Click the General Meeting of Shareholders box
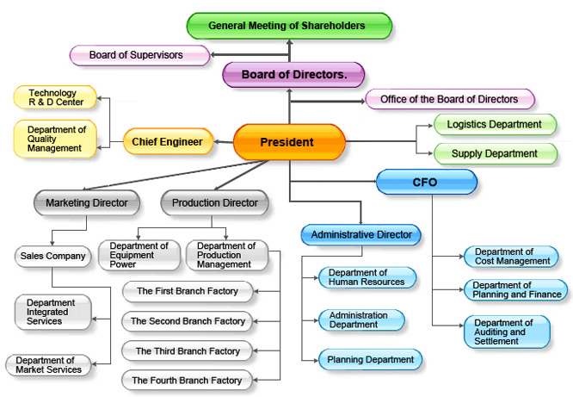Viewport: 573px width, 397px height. click(289, 25)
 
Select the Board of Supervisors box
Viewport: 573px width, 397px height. click(139, 55)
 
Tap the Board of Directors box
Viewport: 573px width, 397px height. click(294, 75)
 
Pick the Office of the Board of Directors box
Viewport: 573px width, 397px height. click(449, 99)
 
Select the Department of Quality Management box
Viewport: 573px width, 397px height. click(54, 138)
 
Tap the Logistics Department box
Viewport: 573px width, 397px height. click(494, 125)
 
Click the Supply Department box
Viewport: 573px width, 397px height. click(494, 153)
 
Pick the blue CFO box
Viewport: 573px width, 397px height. click(426, 182)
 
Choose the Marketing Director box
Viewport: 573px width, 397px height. click(86, 203)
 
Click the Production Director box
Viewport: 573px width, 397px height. click(214, 203)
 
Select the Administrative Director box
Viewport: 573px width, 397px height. click(360, 234)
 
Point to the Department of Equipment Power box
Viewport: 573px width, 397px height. click(139, 256)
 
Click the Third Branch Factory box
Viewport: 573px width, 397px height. click(188, 350)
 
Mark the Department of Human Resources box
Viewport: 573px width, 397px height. click(367, 277)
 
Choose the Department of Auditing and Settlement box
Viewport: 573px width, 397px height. click(506, 332)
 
